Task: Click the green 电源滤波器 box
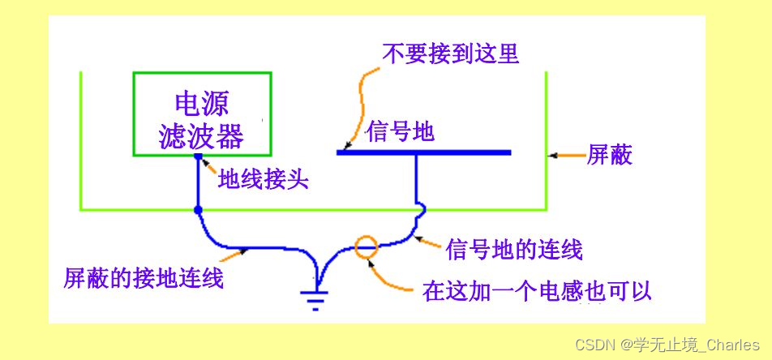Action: [203, 114]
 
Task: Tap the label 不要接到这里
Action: [450, 54]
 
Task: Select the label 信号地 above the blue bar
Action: [401, 131]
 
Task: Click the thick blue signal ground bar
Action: [423, 152]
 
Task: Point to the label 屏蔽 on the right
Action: [609, 155]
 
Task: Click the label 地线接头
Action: [264, 179]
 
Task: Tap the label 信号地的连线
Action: [514, 249]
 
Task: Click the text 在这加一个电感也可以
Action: [537, 290]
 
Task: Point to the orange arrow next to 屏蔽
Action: [564, 154]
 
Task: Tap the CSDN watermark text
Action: [667, 345]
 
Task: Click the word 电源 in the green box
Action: [202, 103]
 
